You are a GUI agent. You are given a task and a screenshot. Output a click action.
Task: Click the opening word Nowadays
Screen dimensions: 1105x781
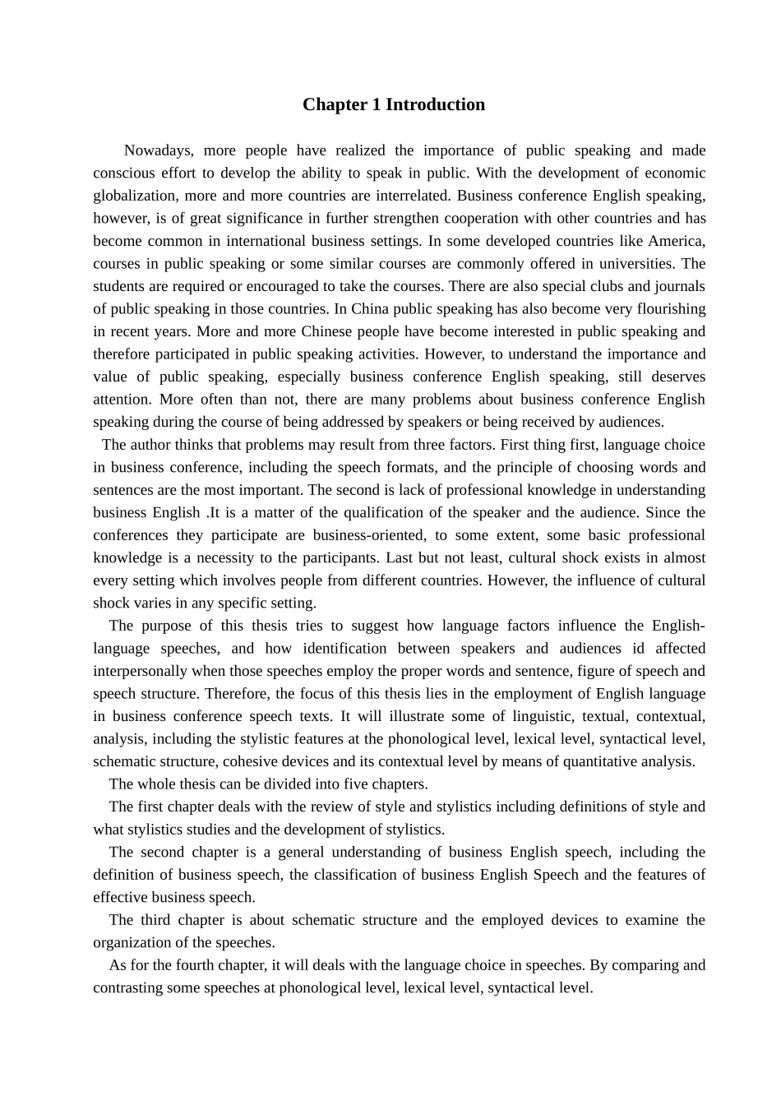tap(158, 150)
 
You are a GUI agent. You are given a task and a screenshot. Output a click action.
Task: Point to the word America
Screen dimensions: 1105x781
tap(676, 241)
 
